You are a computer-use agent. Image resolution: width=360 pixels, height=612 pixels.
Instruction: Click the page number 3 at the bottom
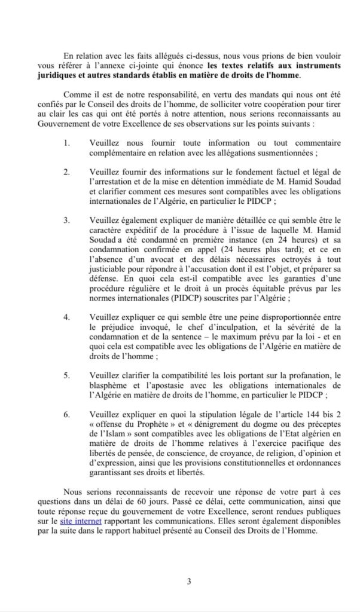[188, 580]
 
